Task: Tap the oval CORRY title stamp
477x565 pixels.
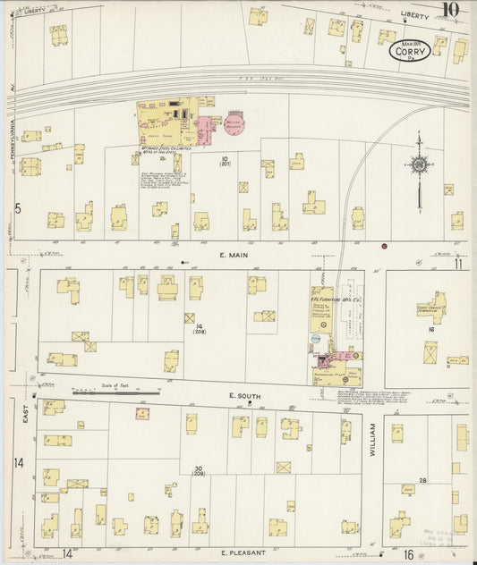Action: tap(411, 51)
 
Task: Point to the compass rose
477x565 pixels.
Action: tap(419, 164)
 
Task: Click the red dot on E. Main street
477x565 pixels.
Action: tap(384, 246)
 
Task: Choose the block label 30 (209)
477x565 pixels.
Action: tap(198, 471)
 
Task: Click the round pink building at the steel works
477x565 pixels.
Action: tap(235, 125)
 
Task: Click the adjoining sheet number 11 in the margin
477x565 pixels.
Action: tap(457, 264)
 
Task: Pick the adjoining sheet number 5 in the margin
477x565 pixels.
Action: tap(17, 208)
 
